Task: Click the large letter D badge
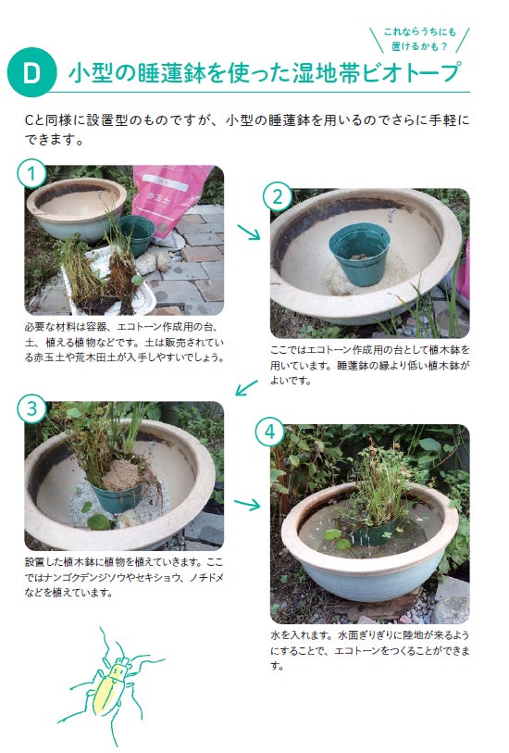tap(31, 72)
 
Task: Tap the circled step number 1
tap(31, 173)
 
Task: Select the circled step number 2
tap(278, 196)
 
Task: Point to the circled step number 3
tap(31, 409)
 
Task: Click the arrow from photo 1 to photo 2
tap(249, 232)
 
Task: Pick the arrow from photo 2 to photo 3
tap(246, 387)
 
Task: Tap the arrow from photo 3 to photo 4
tap(247, 504)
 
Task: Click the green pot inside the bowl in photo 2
tap(359, 254)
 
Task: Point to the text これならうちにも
tap(419, 31)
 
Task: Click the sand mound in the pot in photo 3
tap(121, 474)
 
